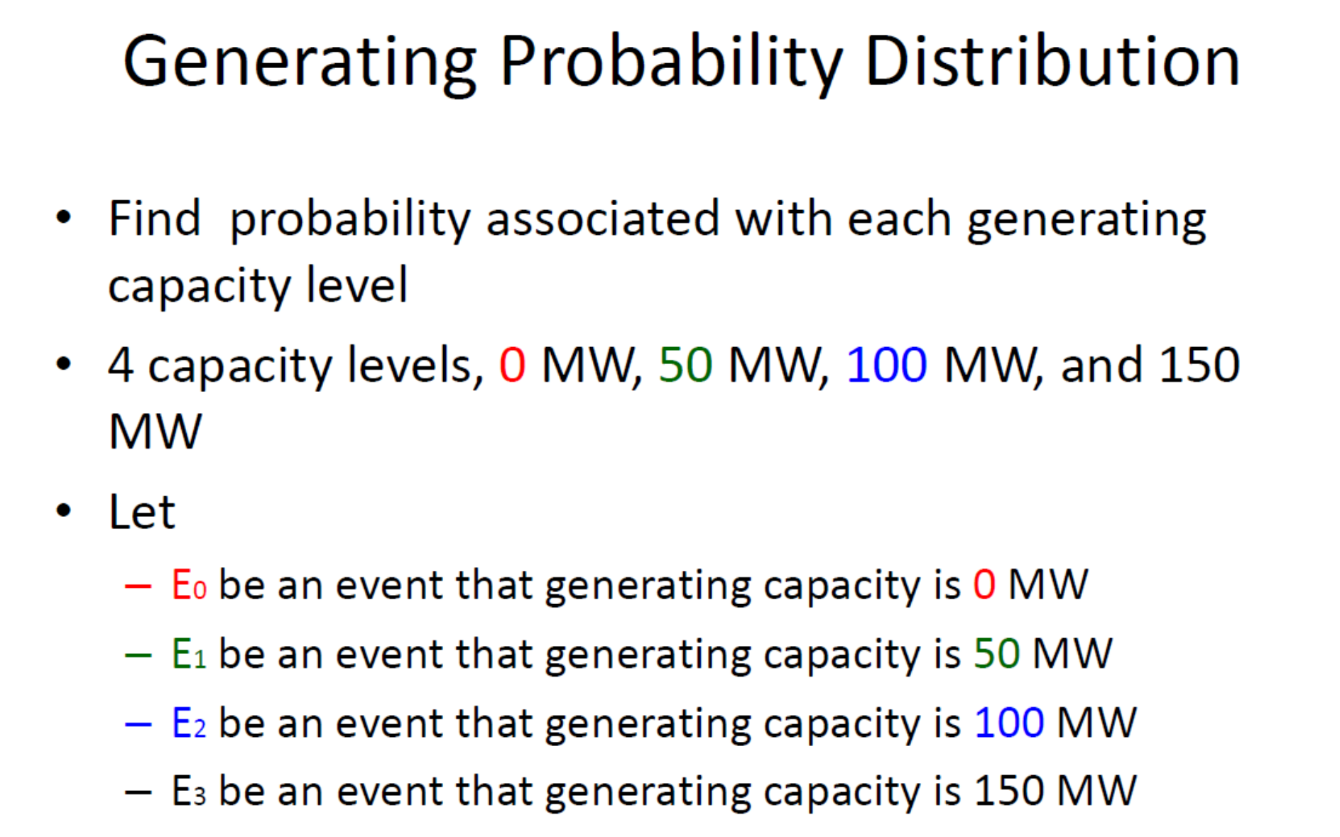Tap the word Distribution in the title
click(1052, 62)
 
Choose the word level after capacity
click(356, 285)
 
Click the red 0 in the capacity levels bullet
click(512, 366)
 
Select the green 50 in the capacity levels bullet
click(685, 366)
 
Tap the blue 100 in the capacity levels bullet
click(886, 366)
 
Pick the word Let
click(141, 512)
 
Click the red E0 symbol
click(188, 586)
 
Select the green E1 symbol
click(188, 654)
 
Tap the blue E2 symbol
click(188, 723)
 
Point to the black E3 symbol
click(188, 792)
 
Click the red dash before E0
click(138, 586)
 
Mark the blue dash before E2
click(138, 724)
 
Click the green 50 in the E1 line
click(996, 654)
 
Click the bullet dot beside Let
click(64, 510)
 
